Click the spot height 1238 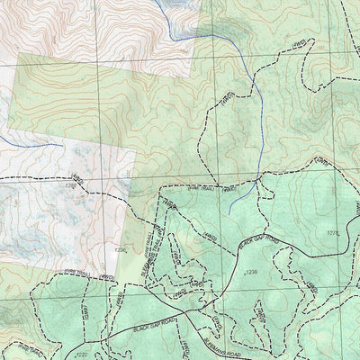coord(251,271)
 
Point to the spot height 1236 coord(121,251)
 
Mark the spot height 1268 coord(71,186)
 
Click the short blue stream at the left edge coord(31,141)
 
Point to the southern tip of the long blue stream coord(229,212)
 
